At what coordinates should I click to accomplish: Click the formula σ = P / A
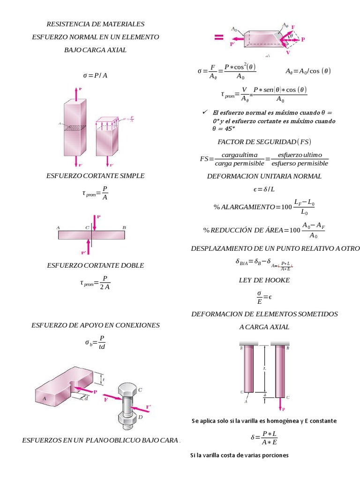(x=95, y=75)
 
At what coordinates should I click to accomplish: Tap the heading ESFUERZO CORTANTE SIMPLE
(x=95, y=176)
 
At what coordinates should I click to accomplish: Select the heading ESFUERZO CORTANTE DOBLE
(x=95, y=265)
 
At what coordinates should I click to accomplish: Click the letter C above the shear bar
(x=87, y=227)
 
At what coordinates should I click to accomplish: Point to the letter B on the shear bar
(x=124, y=227)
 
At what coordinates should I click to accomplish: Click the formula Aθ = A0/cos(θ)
(x=308, y=71)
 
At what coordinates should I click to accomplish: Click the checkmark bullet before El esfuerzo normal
(x=204, y=112)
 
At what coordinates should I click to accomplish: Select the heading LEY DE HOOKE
(x=264, y=280)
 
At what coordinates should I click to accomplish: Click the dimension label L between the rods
(x=265, y=368)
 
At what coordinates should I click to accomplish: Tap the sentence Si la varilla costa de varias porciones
(x=239, y=455)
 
